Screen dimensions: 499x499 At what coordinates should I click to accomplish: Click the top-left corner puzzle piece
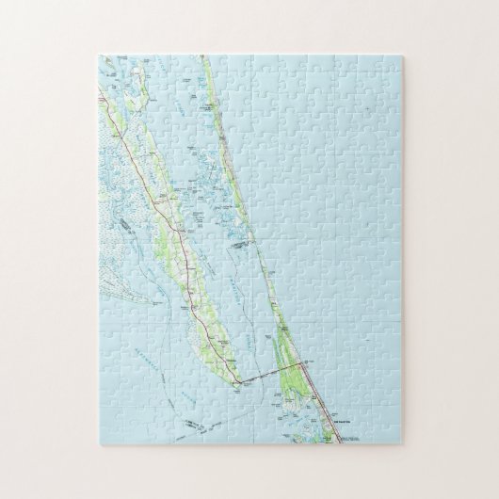point(105,66)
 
